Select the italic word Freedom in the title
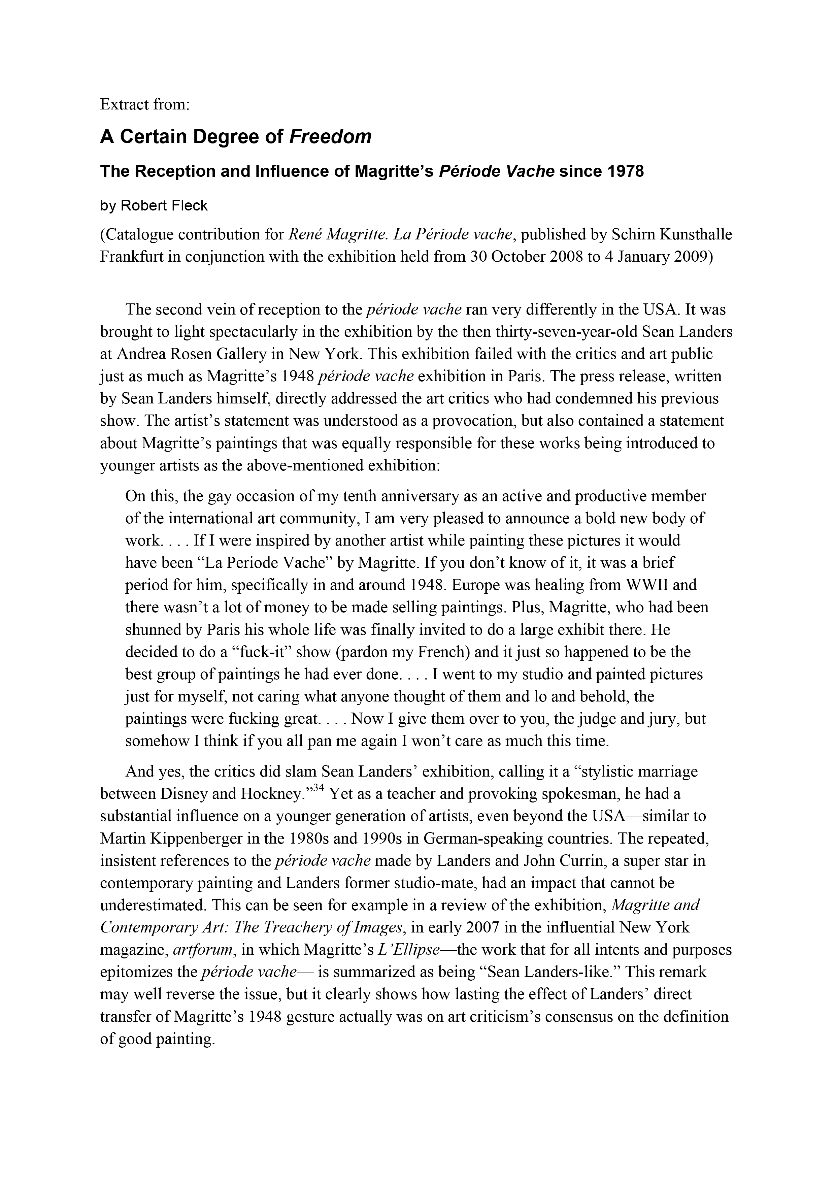tap(330, 137)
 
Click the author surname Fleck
tap(189, 206)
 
